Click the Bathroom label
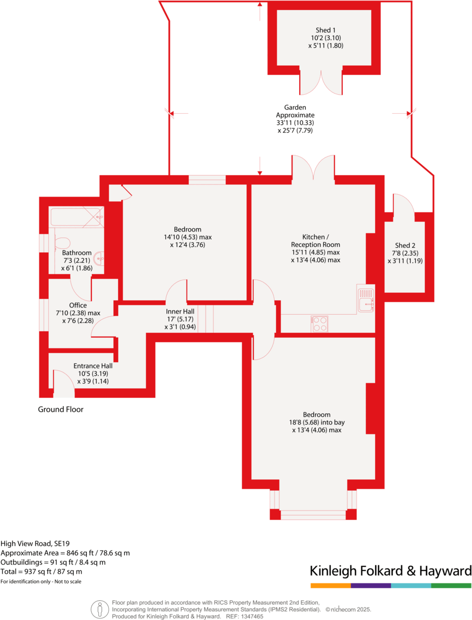pos(73,252)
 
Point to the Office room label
pos(78,305)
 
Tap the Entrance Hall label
pos(93,366)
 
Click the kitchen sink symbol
pos(365,299)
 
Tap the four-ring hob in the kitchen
pos(319,324)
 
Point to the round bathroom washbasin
pos(99,258)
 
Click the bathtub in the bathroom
pos(77,217)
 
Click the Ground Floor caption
pos(61,409)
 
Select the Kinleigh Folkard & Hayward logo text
pos(391,571)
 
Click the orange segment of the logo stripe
pos(330,586)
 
